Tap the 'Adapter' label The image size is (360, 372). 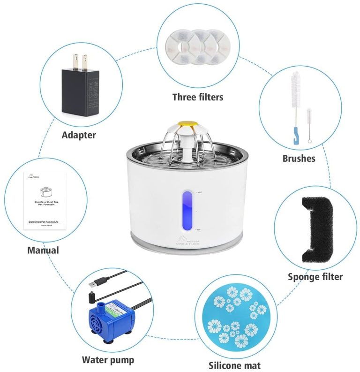click(79, 135)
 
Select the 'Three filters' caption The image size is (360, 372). click(197, 97)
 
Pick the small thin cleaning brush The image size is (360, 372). click(309, 124)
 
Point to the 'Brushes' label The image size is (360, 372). click(299, 158)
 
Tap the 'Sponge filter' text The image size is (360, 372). click(315, 276)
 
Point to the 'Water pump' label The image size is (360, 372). click(108, 360)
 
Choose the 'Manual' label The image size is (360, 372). click(43, 250)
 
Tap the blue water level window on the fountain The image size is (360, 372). click(187, 210)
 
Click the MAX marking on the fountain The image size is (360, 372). click(199, 192)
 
